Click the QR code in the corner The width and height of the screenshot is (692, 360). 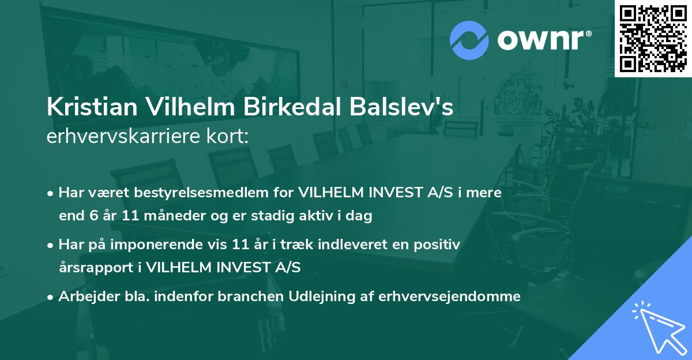[x=653, y=38]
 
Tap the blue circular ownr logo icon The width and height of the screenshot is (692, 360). [x=469, y=40]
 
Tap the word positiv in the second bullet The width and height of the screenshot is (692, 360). [x=440, y=244]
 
